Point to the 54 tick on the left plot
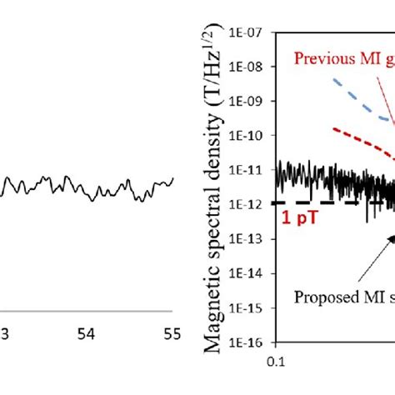(87, 333)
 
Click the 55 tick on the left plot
(171, 333)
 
